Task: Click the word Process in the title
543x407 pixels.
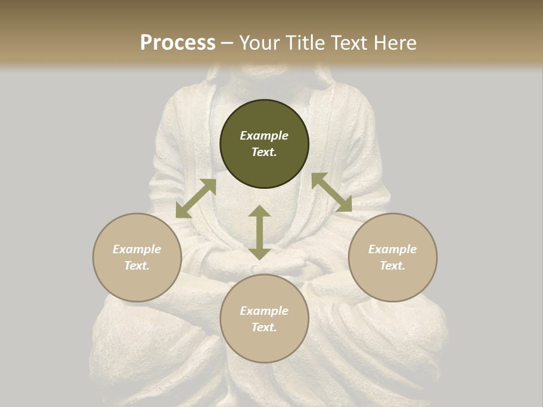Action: click(x=178, y=43)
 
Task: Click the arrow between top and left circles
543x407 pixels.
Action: click(x=196, y=198)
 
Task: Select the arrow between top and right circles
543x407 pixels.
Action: click(x=331, y=192)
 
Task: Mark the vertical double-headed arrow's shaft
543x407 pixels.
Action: click(x=260, y=232)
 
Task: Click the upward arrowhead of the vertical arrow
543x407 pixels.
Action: click(x=260, y=211)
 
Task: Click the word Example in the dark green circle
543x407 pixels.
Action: click(x=264, y=136)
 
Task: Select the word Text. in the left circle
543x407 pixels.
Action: click(x=137, y=266)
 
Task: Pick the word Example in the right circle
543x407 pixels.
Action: click(x=393, y=249)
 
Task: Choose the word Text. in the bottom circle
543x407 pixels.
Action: click(x=264, y=327)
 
